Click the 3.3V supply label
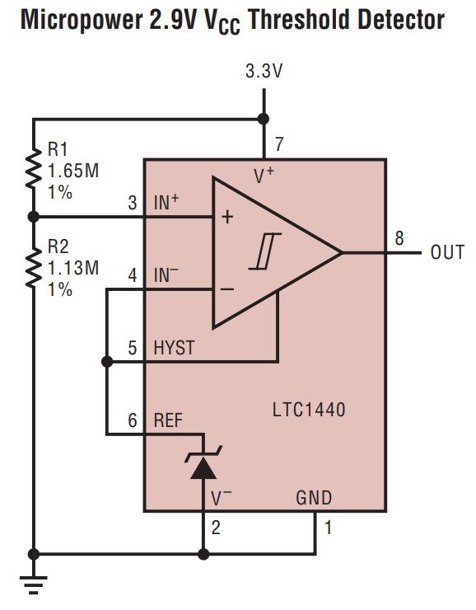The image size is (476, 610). coord(264,71)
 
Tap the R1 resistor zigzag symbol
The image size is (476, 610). coord(34,169)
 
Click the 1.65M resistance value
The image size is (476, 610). coord(73,171)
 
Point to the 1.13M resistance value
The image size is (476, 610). coord(73,268)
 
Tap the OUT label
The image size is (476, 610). coord(447,252)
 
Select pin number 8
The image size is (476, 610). coord(399,238)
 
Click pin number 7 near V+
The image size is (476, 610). coord(279,144)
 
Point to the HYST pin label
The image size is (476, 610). coord(174,348)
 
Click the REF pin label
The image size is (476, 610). coord(168,420)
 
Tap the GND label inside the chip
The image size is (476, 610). coord(314,498)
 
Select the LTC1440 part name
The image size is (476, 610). coord(309,410)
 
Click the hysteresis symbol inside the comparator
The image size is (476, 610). coord(265,251)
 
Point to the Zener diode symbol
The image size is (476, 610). coord(203,462)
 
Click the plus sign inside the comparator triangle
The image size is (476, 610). coord(227,217)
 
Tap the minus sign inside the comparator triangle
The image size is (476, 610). coord(227,289)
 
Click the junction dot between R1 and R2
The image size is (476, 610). coord(34,217)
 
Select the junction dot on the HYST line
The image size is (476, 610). coord(107,362)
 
